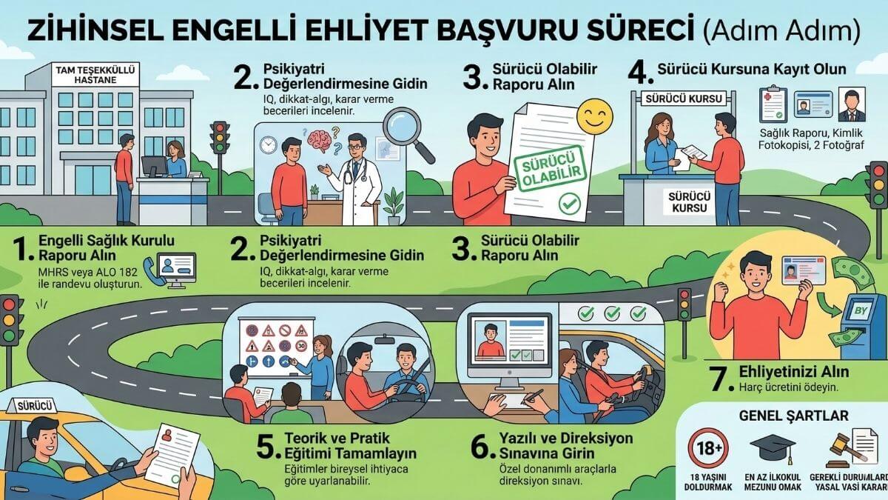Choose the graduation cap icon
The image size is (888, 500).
(772, 447)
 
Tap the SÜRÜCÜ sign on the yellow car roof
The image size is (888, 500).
(29, 405)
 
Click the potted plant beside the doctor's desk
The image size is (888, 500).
(394, 205)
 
